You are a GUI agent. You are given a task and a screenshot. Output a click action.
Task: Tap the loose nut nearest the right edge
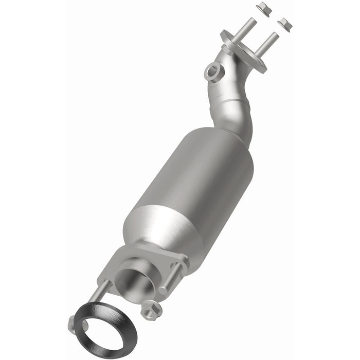point(284,23)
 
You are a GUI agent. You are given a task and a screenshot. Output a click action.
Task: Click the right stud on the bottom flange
point(172,278)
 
